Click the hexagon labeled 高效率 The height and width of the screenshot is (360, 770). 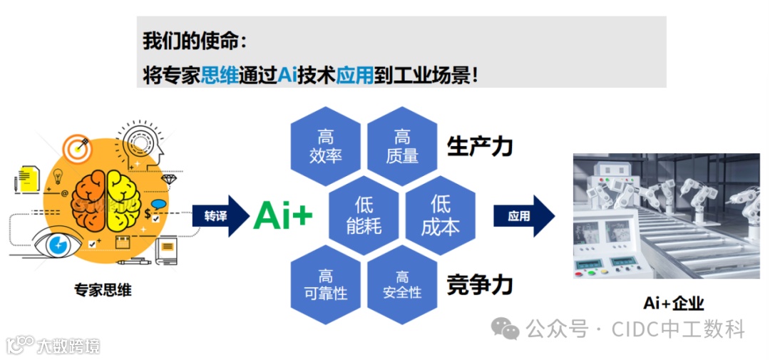click(326, 146)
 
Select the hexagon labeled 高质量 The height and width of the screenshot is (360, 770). click(402, 146)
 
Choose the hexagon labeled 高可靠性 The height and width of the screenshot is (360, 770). click(326, 284)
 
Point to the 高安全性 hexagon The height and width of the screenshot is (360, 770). click(402, 284)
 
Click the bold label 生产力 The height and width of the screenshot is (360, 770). click(480, 146)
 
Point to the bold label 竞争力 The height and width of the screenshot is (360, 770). click(480, 284)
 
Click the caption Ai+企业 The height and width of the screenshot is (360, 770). click(674, 303)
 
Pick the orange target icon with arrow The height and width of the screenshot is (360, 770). click(77, 148)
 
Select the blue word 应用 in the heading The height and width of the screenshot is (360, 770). click(354, 73)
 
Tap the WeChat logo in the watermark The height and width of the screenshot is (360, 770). click(506, 329)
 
